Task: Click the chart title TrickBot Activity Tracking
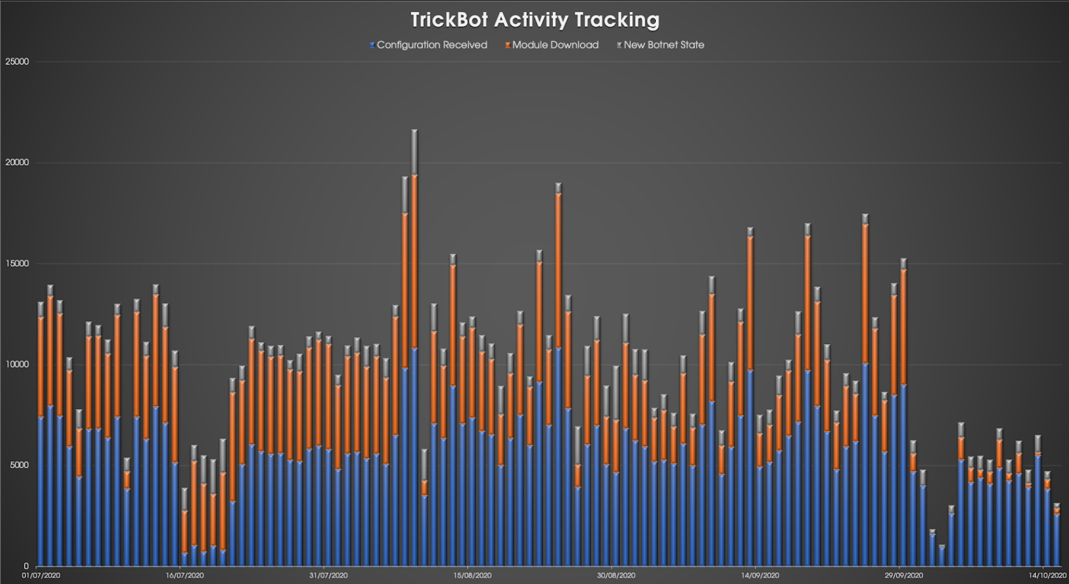coord(534,20)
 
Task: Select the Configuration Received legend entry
coord(432,45)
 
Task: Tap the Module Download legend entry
coord(555,45)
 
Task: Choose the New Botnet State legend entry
coord(664,45)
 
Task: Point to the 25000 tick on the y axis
coord(17,62)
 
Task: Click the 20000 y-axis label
coord(17,162)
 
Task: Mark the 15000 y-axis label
coord(17,263)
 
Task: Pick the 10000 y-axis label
coord(17,365)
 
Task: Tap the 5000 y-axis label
coord(19,465)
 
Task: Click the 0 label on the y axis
coord(26,566)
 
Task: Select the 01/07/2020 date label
coord(41,575)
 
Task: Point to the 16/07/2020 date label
coord(184,575)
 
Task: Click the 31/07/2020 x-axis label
coord(329,575)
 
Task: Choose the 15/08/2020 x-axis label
coord(472,575)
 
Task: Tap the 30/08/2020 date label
coord(616,575)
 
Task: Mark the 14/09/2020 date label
coord(760,575)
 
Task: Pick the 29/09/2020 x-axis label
coord(904,575)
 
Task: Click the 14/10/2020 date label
coord(1047,575)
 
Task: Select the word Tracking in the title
coord(616,20)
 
